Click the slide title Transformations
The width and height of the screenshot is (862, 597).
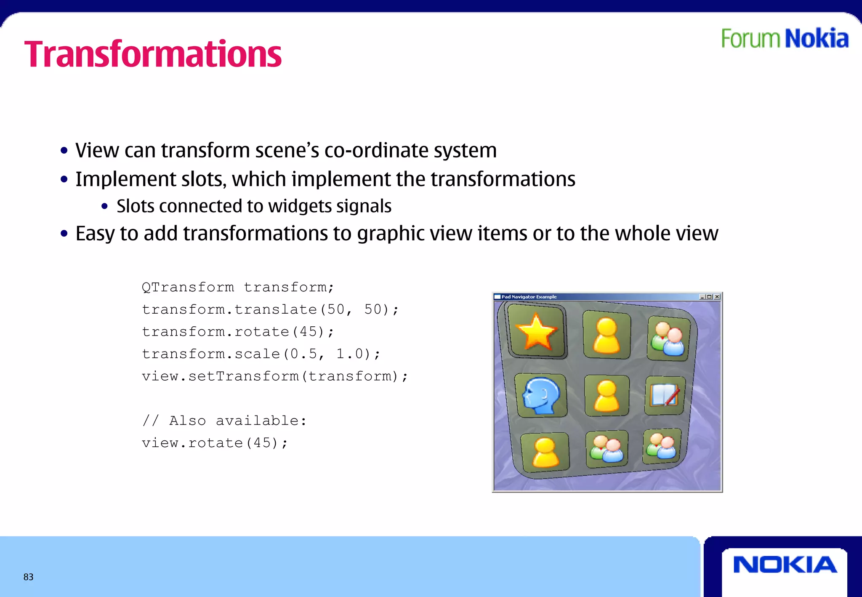point(153,54)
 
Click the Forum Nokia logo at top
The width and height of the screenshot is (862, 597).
point(785,39)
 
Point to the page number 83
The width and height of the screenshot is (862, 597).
point(28,577)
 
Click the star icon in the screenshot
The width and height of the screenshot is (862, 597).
point(536,332)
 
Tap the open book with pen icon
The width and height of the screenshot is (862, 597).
point(665,395)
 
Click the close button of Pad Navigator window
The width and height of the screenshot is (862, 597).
point(717,297)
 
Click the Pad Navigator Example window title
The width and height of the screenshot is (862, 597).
point(529,297)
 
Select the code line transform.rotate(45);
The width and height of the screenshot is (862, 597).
point(238,332)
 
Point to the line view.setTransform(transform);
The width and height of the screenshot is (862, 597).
point(274,376)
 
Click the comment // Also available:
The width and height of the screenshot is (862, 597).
point(224,421)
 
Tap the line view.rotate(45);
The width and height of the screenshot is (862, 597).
point(215,443)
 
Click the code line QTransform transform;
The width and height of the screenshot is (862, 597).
point(238,287)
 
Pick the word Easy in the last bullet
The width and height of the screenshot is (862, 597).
point(95,234)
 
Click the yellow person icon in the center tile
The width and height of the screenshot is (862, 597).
point(607,396)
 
